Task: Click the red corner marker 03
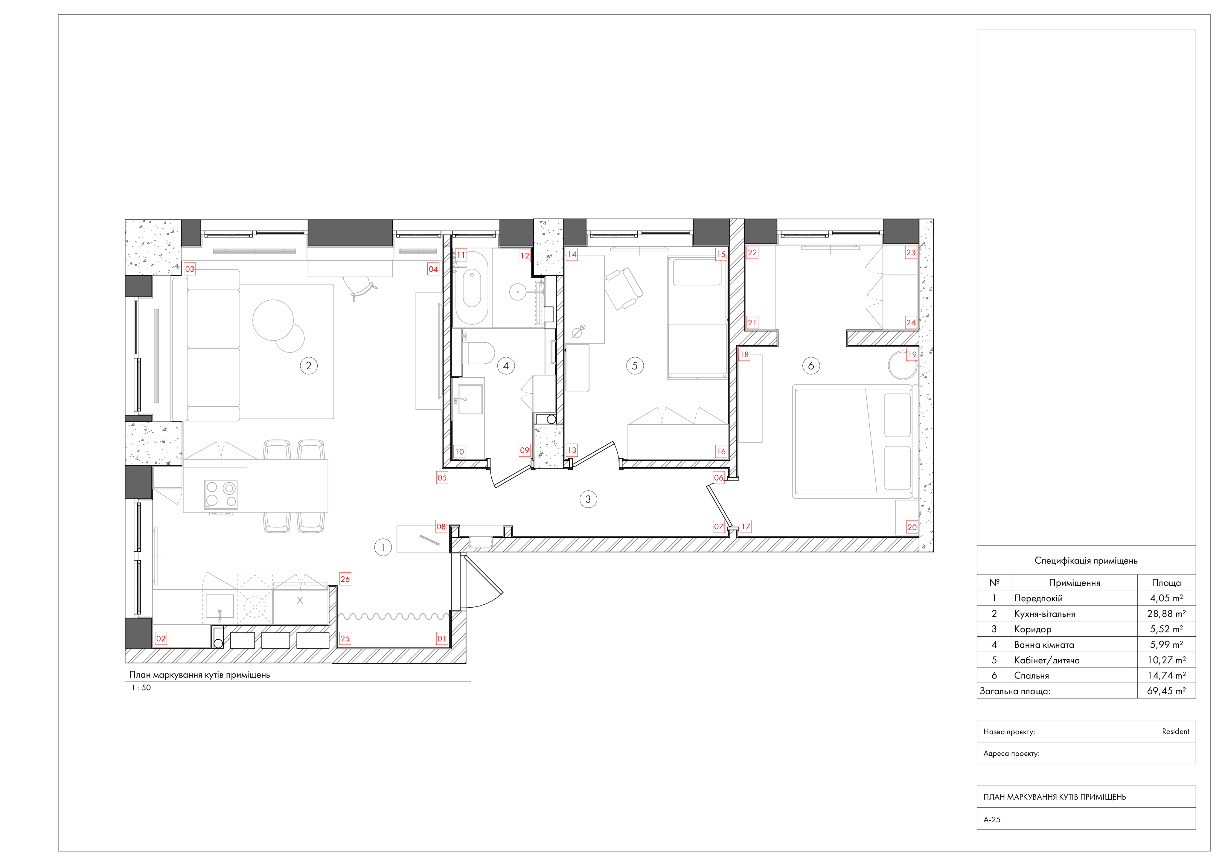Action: pos(189,269)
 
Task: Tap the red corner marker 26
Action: pos(345,579)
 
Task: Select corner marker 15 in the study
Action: pos(721,254)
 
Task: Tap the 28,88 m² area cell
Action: pos(1166,614)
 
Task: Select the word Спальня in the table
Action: pos(1031,676)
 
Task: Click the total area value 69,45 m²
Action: pos(1166,691)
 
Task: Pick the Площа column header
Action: pos(1166,583)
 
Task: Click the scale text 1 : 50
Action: pos(141,688)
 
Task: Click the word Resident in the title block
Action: pos(1175,731)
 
